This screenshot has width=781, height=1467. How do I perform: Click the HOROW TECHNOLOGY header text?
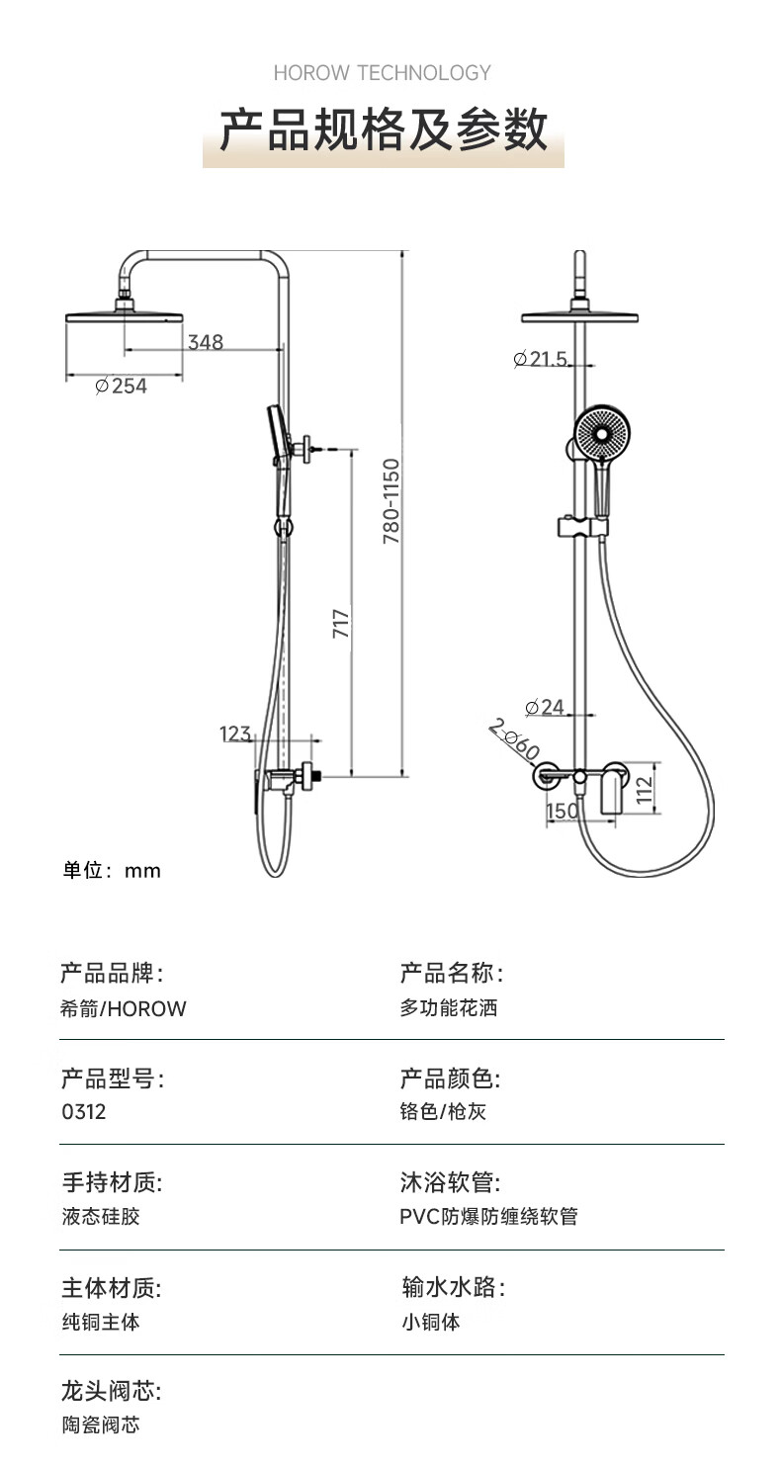click(382, 73)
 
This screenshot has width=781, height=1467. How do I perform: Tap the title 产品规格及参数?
click(384, 129)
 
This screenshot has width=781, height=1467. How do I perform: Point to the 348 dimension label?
click(205, 342)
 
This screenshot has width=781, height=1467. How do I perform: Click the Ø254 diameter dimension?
click(122, 386)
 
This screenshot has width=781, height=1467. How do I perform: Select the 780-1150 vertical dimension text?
click(390, 501)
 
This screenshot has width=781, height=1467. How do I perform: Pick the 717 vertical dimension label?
click(341, 624)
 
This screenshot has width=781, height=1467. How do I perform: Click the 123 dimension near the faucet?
click(235, 733)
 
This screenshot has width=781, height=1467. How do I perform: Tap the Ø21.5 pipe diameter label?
click(541, 358)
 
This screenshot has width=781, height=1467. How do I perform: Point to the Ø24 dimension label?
click(545, 707)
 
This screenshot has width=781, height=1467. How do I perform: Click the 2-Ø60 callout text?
click(514, 739)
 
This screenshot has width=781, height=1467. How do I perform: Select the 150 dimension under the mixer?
click(563, 811)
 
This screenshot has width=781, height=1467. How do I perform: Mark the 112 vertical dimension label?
click(645, 790)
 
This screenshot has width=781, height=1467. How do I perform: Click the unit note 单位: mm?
click(112, 870)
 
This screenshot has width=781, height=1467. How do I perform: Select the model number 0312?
click(83, 1111)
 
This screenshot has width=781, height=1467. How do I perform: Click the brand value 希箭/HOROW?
click(124, 1008)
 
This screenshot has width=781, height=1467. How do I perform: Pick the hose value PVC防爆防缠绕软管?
click(488, 1216)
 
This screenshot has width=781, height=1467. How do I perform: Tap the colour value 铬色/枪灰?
click(443, 1111)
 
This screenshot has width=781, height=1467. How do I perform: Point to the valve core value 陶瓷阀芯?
click(101, 1425)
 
